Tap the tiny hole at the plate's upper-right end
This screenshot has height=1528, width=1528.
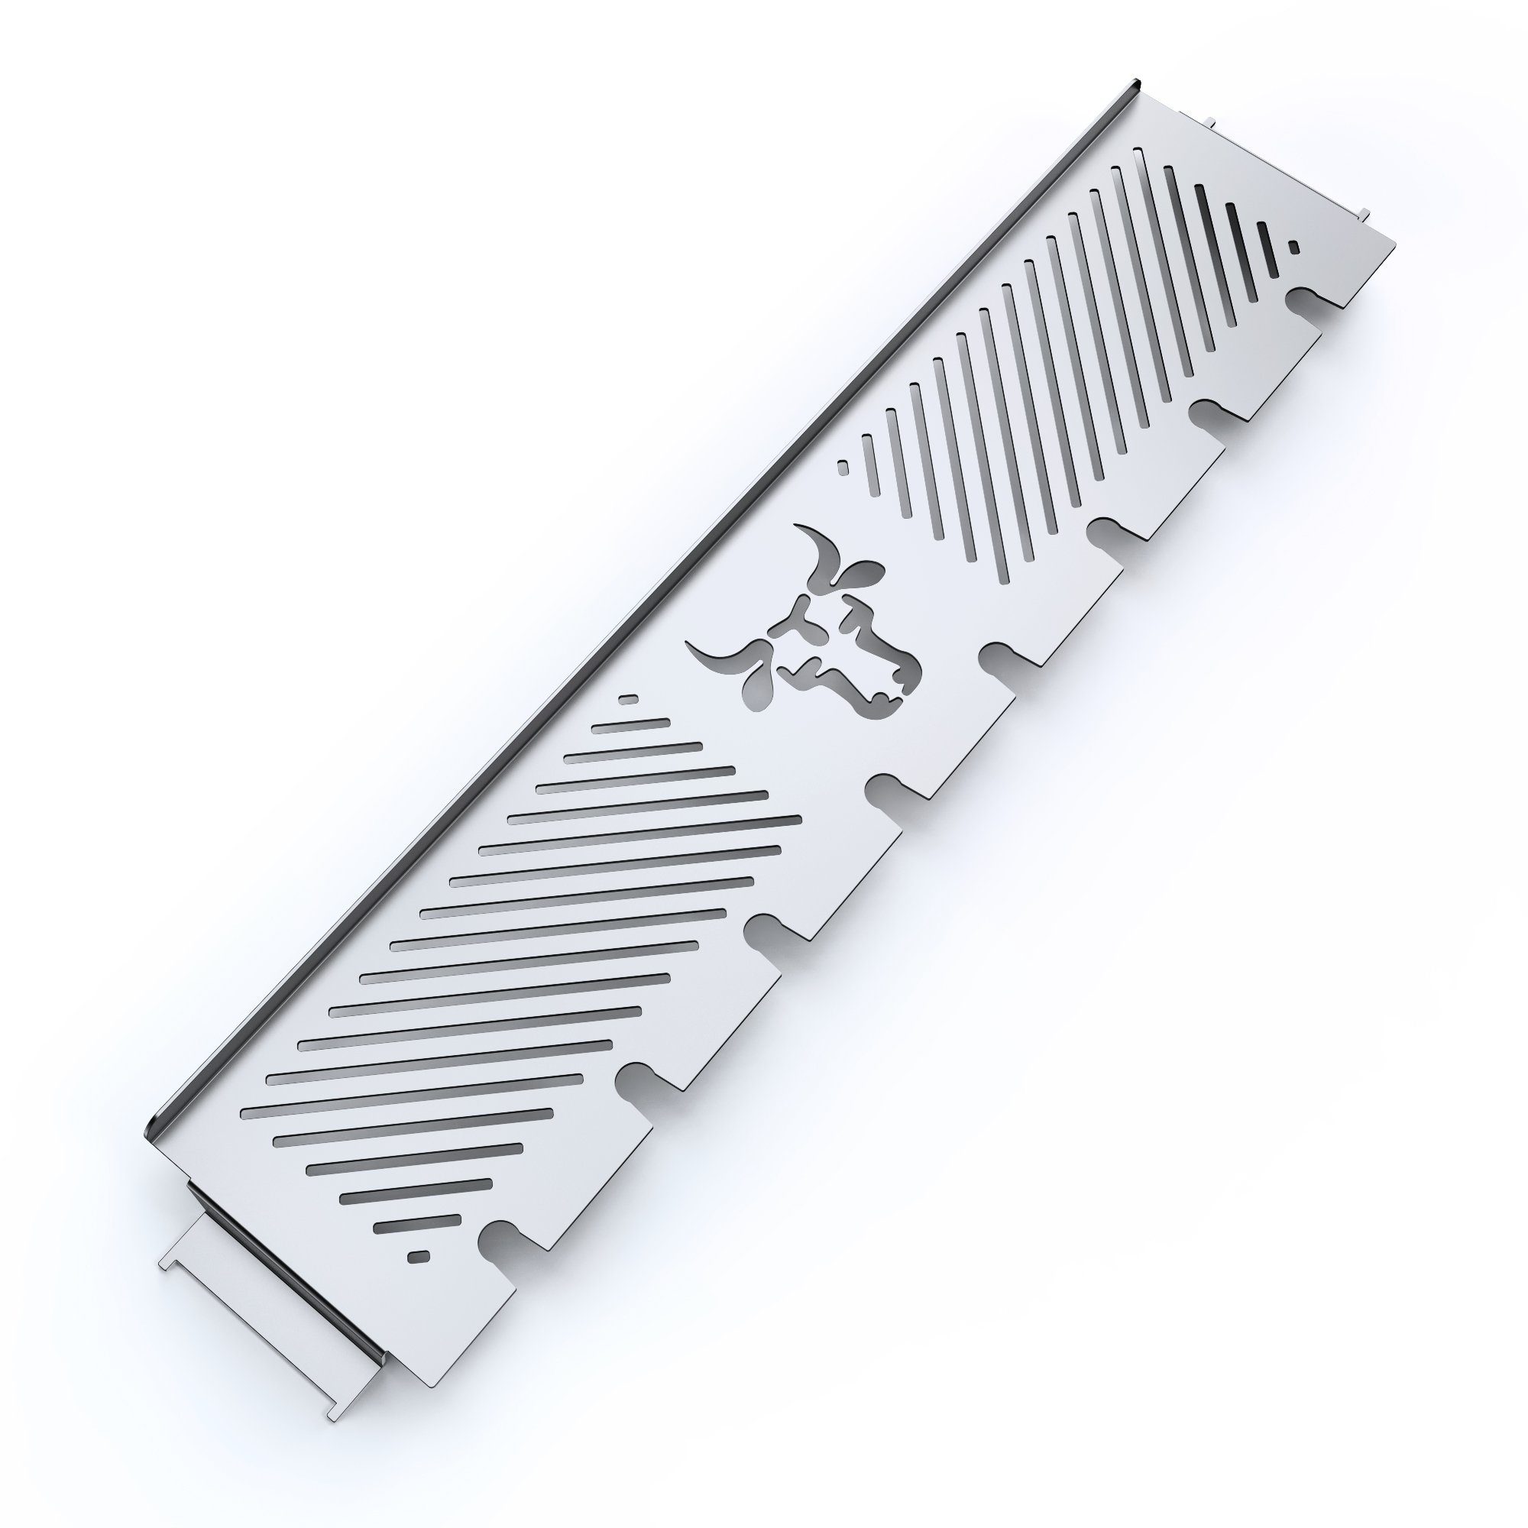pos(1293,248)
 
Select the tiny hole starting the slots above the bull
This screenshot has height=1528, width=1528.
pos(843,467)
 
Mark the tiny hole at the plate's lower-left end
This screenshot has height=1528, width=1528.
pos(417,1255)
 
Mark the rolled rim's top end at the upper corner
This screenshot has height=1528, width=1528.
pos(1137,82)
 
